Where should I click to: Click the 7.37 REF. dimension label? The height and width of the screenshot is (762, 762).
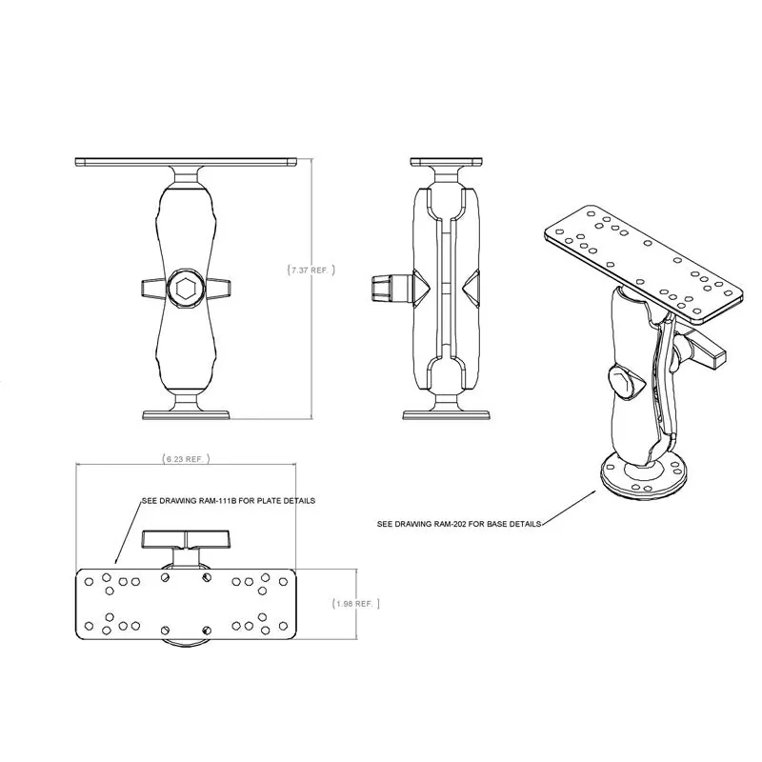pyautogui.click(x=311, y=271)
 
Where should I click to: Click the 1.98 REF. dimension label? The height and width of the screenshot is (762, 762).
pyautogui.click(x=356, y=604)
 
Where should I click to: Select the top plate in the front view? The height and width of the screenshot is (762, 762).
pyautogui.click(x=187, y=161)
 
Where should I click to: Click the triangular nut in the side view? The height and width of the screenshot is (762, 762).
pyautogui.click(x=471, y=287)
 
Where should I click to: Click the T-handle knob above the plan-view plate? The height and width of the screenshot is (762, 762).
pyautogui.click(x=181, y=541)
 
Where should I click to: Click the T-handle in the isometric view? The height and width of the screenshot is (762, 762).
pyautogui.click(x=705, y=350)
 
